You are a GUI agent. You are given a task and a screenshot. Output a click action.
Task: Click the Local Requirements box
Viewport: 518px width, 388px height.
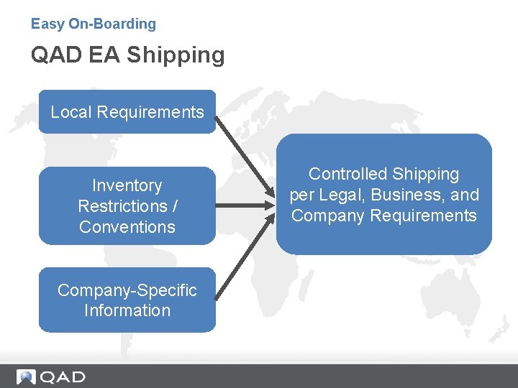(x=127, y=112)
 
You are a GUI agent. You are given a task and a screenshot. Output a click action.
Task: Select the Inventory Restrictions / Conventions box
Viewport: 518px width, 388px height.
(x=127, y=206)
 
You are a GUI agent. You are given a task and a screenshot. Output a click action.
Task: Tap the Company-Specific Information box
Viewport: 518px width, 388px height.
(x=127, y=300)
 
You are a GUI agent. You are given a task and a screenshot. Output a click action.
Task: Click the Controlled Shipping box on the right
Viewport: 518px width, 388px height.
(x=383, y=195)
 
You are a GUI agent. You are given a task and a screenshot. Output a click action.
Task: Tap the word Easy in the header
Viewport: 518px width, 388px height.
(x=47, y=24)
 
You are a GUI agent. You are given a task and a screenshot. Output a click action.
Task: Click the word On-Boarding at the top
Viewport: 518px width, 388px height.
(x=112, y=24)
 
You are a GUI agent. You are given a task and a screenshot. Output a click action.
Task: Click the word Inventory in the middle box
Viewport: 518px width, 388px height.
(x=127, y=185)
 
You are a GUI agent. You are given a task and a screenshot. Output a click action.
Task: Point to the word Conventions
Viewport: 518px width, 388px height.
(x=127, y=227)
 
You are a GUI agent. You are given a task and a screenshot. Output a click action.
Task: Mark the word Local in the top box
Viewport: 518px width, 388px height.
(x=71, y=112)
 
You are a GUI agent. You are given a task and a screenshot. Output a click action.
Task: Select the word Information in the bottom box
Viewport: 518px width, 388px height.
(x=127, y=310)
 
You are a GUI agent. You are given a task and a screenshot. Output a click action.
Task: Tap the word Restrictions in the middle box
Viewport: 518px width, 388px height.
(x=122, y=206)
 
